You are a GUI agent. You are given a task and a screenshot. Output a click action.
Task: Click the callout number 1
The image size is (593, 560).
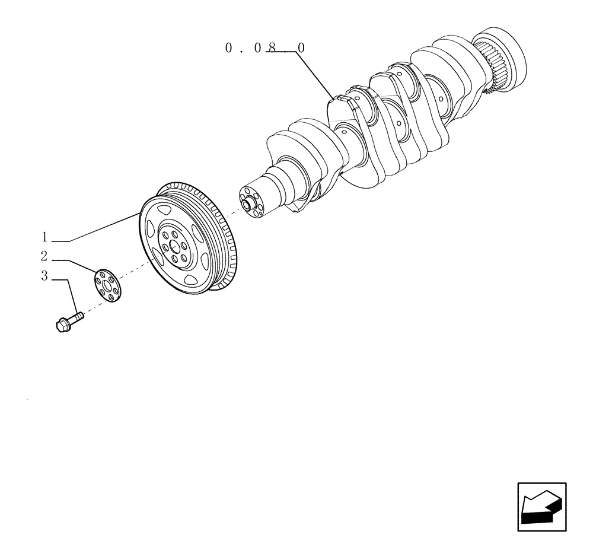44,237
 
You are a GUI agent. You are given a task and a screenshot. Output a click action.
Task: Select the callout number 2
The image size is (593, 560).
44,256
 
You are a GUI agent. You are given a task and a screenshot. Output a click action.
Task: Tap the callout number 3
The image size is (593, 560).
44,276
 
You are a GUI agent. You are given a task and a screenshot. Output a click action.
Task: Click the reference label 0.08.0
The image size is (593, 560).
264,49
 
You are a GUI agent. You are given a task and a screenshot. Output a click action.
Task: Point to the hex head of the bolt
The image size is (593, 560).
62,325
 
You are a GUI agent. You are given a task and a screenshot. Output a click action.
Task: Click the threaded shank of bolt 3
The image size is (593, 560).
76,317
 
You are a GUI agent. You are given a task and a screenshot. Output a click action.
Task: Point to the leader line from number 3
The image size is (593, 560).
72,297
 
